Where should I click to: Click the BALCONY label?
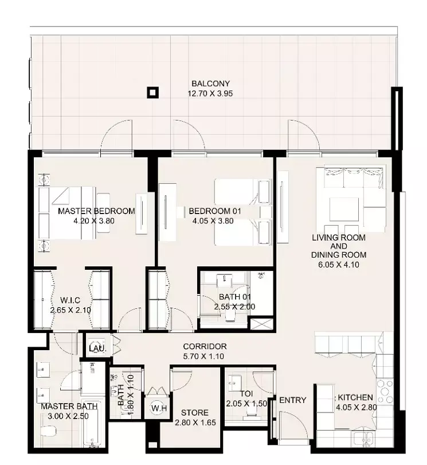[210, 84]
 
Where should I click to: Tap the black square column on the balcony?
[153, 93]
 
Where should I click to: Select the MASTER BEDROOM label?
[96, 211]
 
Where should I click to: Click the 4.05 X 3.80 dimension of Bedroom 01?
[213, 221]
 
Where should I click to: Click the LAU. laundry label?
[97, 348]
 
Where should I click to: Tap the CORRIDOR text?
[205, 346]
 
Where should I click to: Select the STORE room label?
[195, 413]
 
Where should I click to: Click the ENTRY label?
[292, 400]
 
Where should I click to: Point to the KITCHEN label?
[355, 397]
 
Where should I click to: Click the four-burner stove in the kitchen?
[385, 392]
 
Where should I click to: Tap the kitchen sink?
[363, 439]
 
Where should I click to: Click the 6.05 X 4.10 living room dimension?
[339, 265]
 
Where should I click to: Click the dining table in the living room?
[344, 210]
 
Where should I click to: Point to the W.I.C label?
[70, 300]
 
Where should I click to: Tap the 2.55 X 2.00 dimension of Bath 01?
[234, 307]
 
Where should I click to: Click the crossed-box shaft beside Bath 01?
[261, 324]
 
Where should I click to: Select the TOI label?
[246, 394]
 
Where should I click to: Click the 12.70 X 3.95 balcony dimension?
[210, 94]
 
